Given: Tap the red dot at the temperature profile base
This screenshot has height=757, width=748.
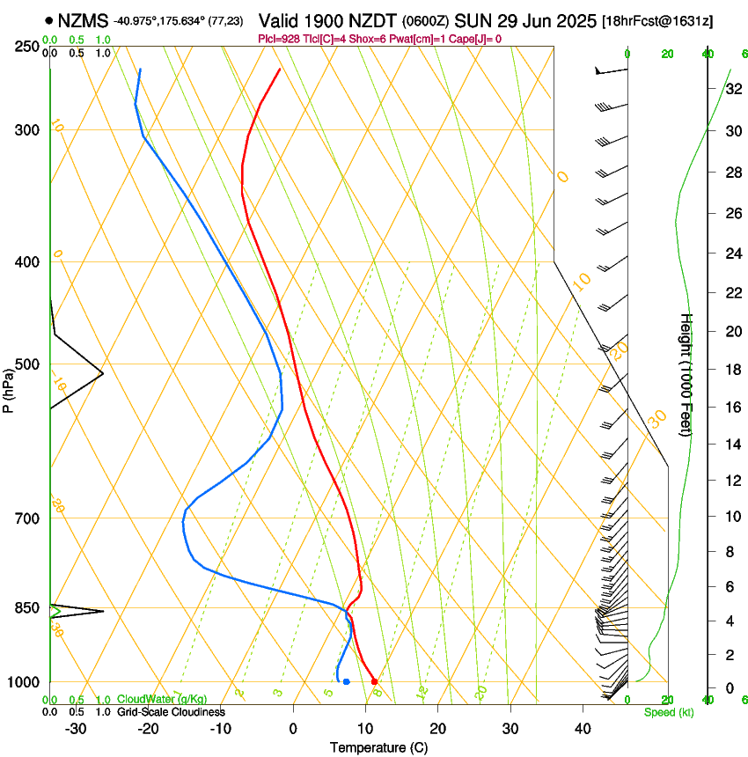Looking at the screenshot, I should (374, 681).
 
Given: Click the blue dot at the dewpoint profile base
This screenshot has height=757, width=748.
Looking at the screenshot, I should (347, 681).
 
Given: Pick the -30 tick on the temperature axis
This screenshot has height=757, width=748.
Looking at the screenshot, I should (76, 729).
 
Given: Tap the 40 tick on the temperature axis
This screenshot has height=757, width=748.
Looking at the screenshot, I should (583, 729).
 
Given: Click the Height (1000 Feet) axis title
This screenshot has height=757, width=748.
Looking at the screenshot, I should (686, 375).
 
